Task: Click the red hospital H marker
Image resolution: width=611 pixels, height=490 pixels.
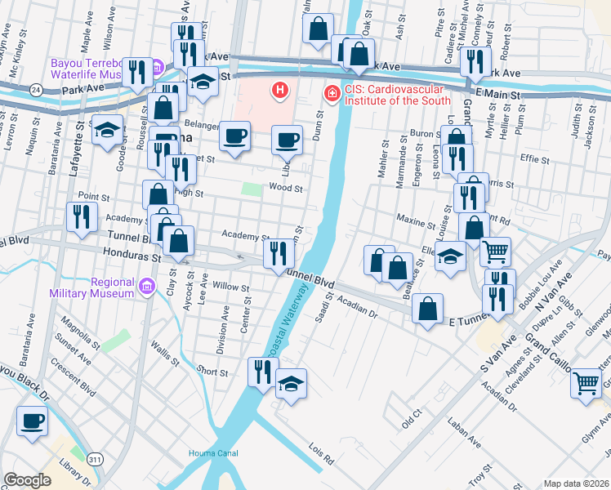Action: [280, 89]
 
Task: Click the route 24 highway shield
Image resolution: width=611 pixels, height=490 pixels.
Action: [36, 87]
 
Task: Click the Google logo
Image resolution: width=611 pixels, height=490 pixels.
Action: [27, 480]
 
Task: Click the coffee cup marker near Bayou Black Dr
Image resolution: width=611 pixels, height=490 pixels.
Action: [33, 421]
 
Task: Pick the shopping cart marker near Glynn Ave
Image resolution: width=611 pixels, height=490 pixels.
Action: [586, 381]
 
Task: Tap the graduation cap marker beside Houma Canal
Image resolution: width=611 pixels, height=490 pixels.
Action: [291, 382]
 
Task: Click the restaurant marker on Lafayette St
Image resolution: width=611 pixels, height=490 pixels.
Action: [81, 216]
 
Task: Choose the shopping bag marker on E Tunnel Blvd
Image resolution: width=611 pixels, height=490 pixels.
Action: [427, 309]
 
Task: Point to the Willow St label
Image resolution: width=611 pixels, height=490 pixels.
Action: [230, 287]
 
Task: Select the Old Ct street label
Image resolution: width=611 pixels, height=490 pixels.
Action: [411, 416]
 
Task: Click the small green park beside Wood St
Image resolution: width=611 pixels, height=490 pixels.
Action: [252, 189]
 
